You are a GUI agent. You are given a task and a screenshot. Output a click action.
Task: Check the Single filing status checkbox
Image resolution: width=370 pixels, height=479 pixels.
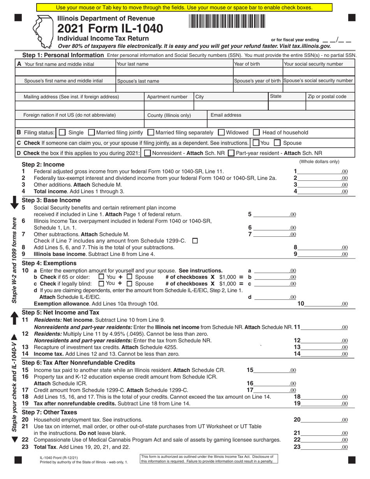62,132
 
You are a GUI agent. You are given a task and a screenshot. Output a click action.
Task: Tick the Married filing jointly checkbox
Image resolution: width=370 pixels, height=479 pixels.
92,132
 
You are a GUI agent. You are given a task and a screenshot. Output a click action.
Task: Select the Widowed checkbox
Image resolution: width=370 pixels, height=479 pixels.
221,132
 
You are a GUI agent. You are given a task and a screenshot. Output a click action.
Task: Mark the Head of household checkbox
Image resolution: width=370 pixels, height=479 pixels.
256,132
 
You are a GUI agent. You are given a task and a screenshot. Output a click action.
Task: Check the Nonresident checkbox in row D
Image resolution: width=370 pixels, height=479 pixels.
148,153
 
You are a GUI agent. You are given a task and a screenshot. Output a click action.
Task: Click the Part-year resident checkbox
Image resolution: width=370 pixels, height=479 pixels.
231,153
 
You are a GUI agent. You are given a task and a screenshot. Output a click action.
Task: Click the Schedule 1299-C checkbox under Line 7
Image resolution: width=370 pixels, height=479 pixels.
195,241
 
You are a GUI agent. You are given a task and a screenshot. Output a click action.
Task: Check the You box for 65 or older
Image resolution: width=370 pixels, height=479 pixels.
102,277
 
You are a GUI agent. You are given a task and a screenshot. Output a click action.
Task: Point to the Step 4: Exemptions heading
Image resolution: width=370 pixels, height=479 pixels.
49,263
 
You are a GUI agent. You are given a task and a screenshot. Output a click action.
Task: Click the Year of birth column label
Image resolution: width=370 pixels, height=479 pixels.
247,64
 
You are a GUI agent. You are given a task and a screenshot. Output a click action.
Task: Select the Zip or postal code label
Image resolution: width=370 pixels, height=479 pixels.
327,97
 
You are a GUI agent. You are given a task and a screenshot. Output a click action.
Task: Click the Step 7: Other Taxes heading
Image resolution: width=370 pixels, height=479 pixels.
49,412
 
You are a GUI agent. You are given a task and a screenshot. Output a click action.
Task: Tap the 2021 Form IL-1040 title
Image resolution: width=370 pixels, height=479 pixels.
110,28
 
